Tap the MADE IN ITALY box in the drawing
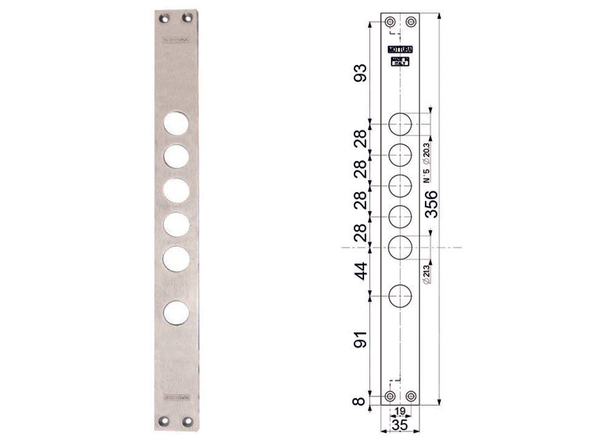pyautogui.click(x=400, y=61)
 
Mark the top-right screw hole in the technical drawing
pyautogui.click(x=411, y=22)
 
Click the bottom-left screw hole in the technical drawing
pyautogui.click(x=390, y=396)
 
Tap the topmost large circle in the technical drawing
pyautogui.click(x=400, y=124)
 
